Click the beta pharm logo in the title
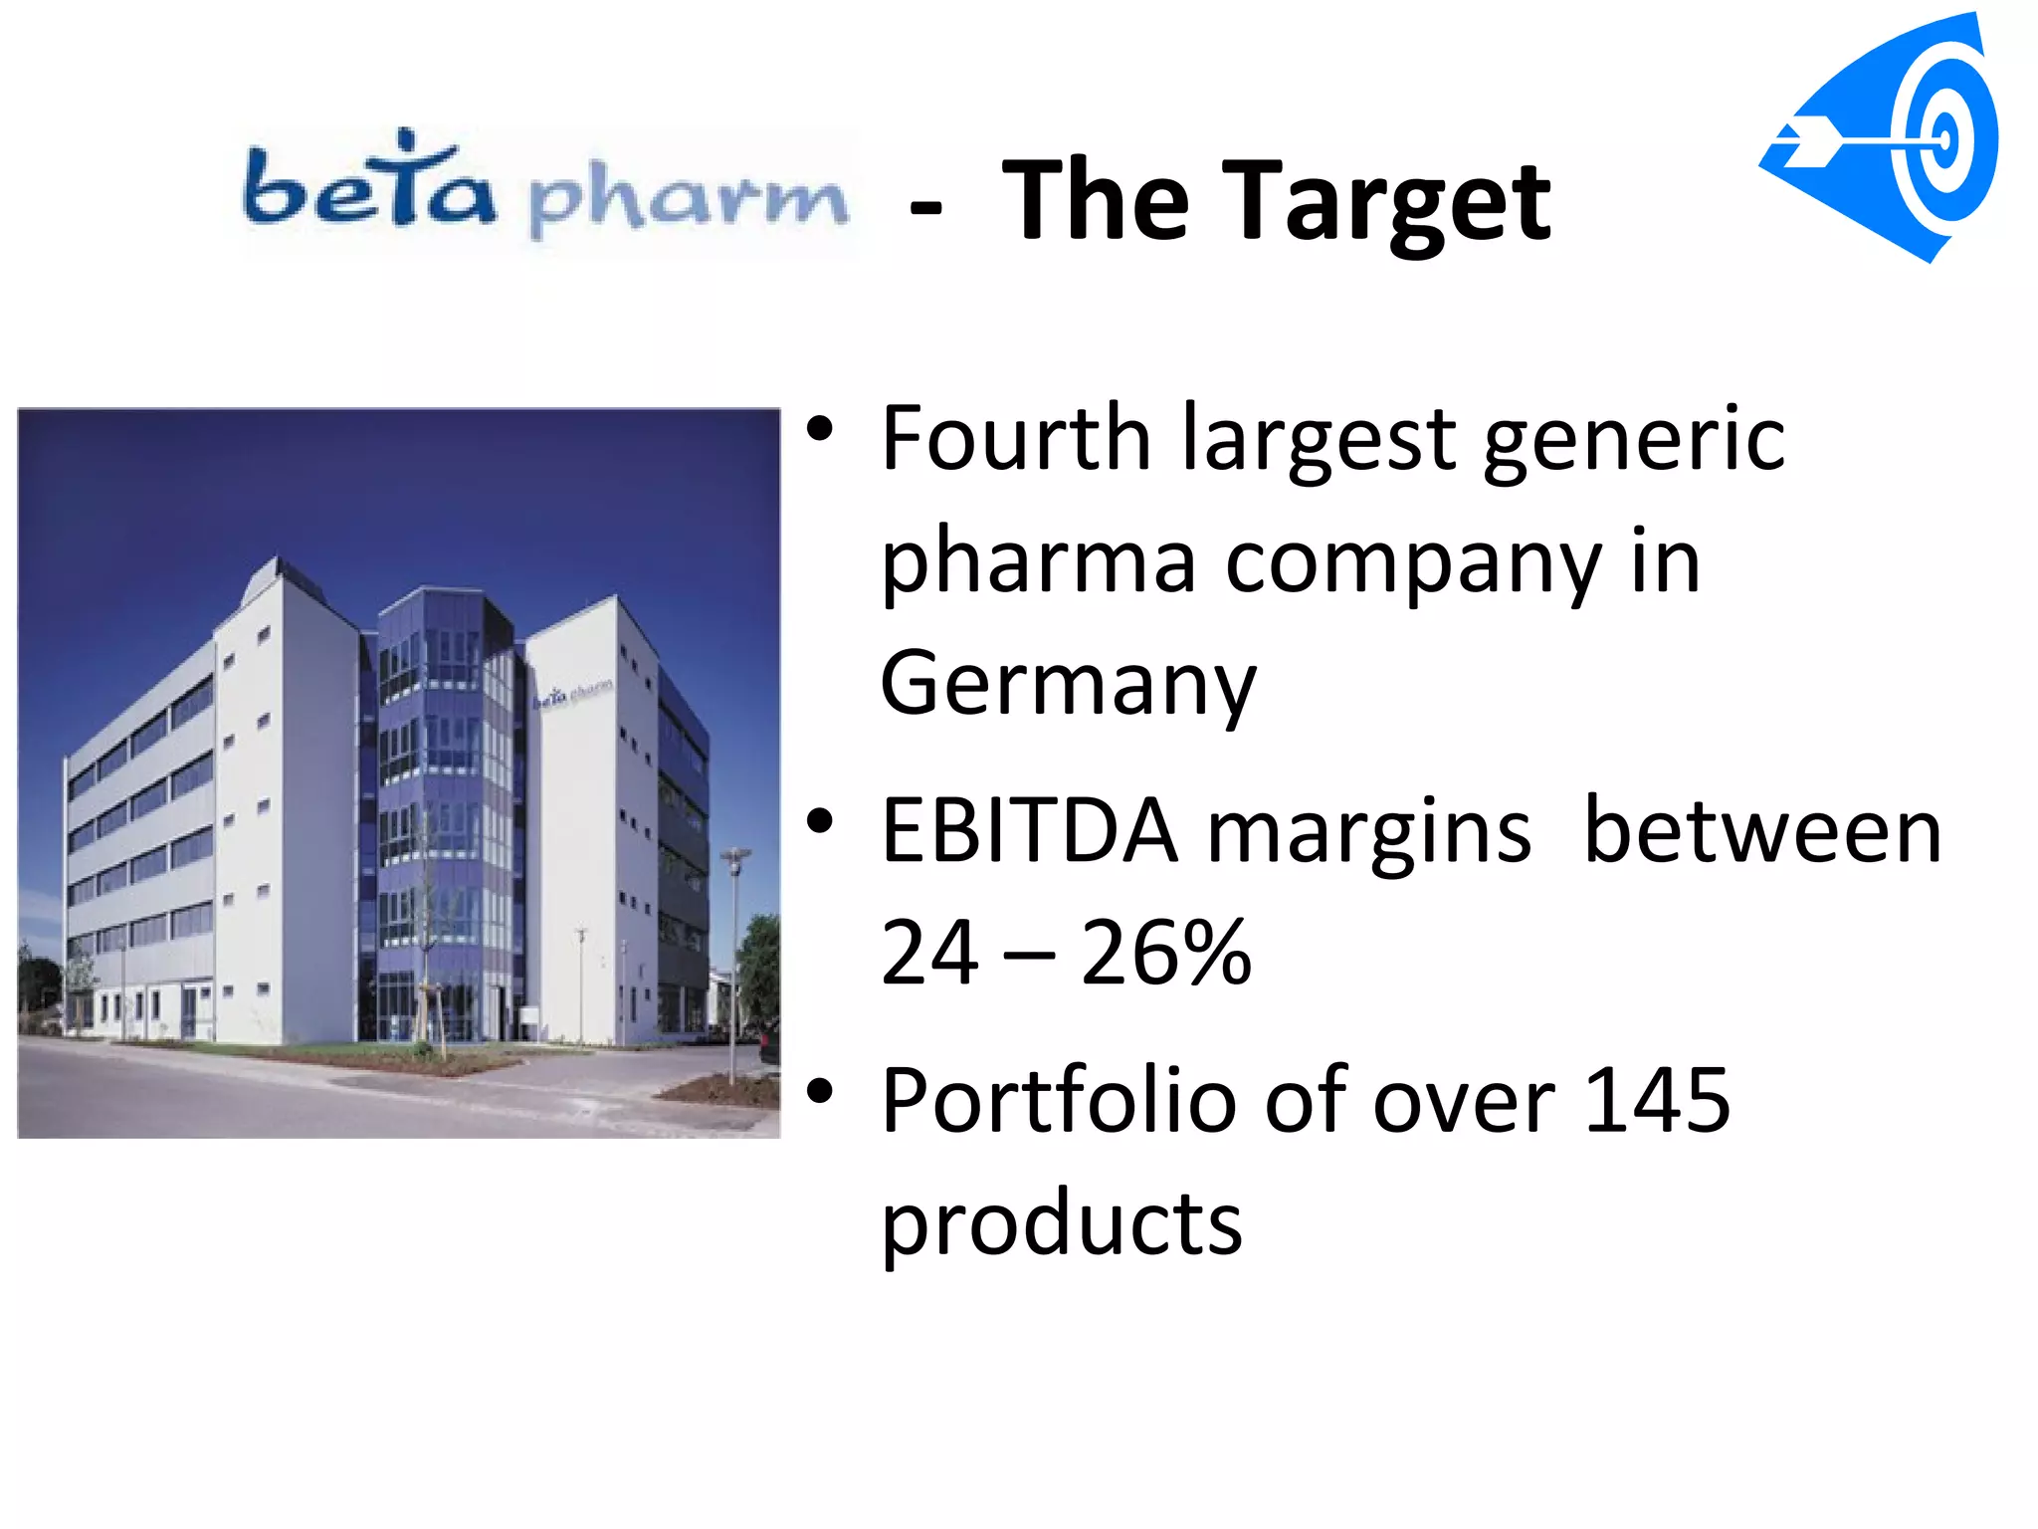click(545, 189)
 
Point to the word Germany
click(1068, 684)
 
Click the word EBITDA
click(1029, 831)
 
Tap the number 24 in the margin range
click(929, 953)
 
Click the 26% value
click(1165, 953)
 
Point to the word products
click(1061, 1223)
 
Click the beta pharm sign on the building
click(571, 693)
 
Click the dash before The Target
click(925, 208)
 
